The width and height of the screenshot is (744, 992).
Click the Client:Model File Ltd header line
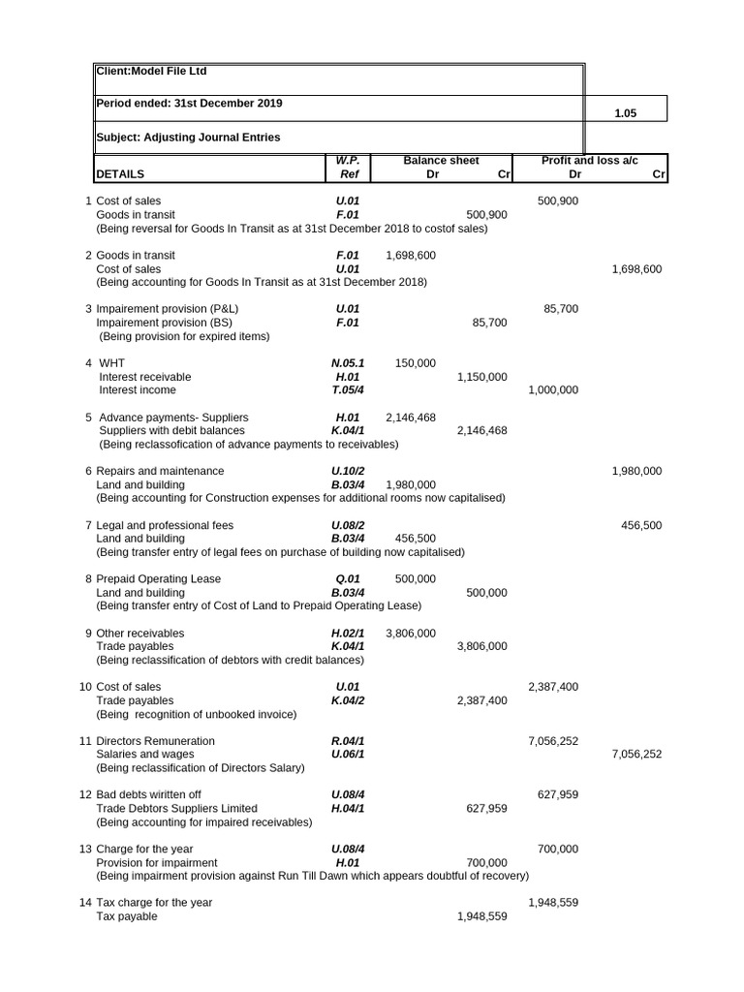151,72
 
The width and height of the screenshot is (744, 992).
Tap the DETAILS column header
120,175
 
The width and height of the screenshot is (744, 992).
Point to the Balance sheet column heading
441,161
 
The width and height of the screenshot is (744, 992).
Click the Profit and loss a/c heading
589,161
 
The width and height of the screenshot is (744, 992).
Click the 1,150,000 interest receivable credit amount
481,377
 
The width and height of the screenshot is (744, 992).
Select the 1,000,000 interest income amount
553,390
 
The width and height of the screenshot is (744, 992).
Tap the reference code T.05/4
348,390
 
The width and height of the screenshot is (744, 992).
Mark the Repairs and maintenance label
160,471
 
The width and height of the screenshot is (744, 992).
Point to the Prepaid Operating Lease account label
159,579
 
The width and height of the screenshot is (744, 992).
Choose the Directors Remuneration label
156,741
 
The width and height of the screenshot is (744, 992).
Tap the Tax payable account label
127,916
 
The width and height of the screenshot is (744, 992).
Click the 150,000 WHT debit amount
416,363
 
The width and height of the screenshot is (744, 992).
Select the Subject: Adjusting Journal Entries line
189,138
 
